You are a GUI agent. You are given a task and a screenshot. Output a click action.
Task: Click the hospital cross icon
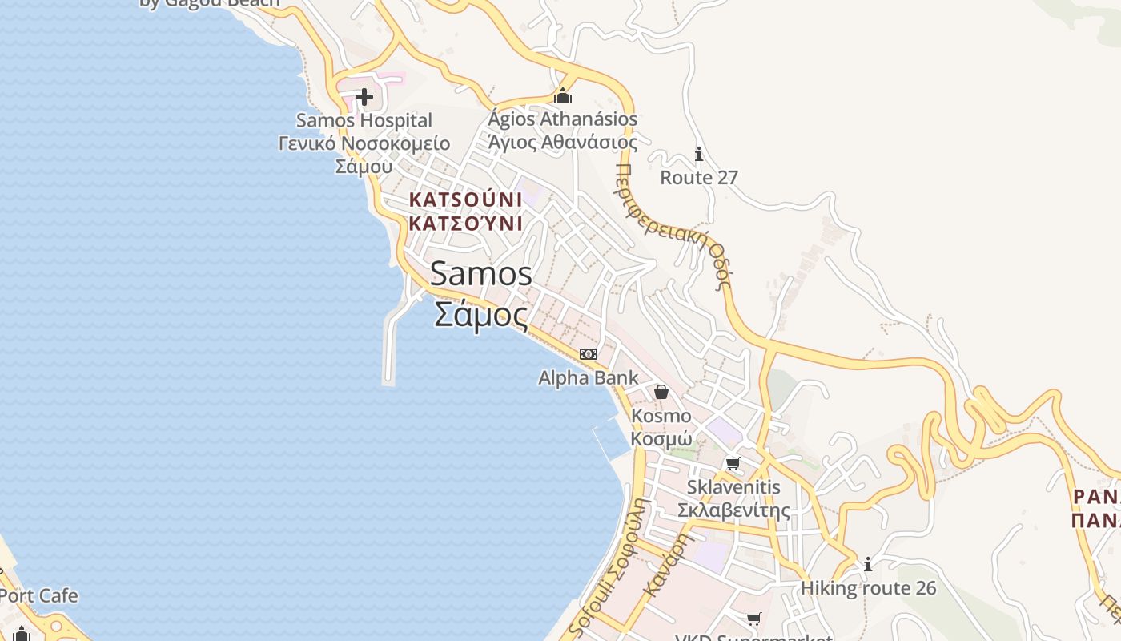(364, 98)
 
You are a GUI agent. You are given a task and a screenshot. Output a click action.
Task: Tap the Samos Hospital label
(364, 121)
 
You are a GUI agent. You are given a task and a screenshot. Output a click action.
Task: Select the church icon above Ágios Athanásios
(563, 95)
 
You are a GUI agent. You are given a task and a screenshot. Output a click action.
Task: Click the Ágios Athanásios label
(563, 119)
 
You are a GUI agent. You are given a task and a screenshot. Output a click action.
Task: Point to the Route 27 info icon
(699, 154)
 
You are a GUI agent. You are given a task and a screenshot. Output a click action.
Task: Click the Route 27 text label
(699, 178)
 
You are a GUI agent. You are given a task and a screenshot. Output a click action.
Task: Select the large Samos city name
(481, 274)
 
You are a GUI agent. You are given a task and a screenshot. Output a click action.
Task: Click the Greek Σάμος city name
(481, 314)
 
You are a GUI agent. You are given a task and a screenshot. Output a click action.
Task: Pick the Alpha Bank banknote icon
(589, 354)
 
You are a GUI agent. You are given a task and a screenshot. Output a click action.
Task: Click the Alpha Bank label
(589, 378)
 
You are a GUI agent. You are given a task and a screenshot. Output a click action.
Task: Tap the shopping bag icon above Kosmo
(661, 392)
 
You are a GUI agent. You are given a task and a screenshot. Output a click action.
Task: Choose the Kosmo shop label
(661, 416)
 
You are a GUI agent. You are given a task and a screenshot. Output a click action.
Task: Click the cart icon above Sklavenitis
(733, 463)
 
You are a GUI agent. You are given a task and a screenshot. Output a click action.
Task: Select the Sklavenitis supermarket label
(733, 487)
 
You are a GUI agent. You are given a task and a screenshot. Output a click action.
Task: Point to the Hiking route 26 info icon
(868, 565)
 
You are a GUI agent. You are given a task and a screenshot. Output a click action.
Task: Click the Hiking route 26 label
(868, 589)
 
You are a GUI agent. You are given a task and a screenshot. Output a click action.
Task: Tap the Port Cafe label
(38, 596)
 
